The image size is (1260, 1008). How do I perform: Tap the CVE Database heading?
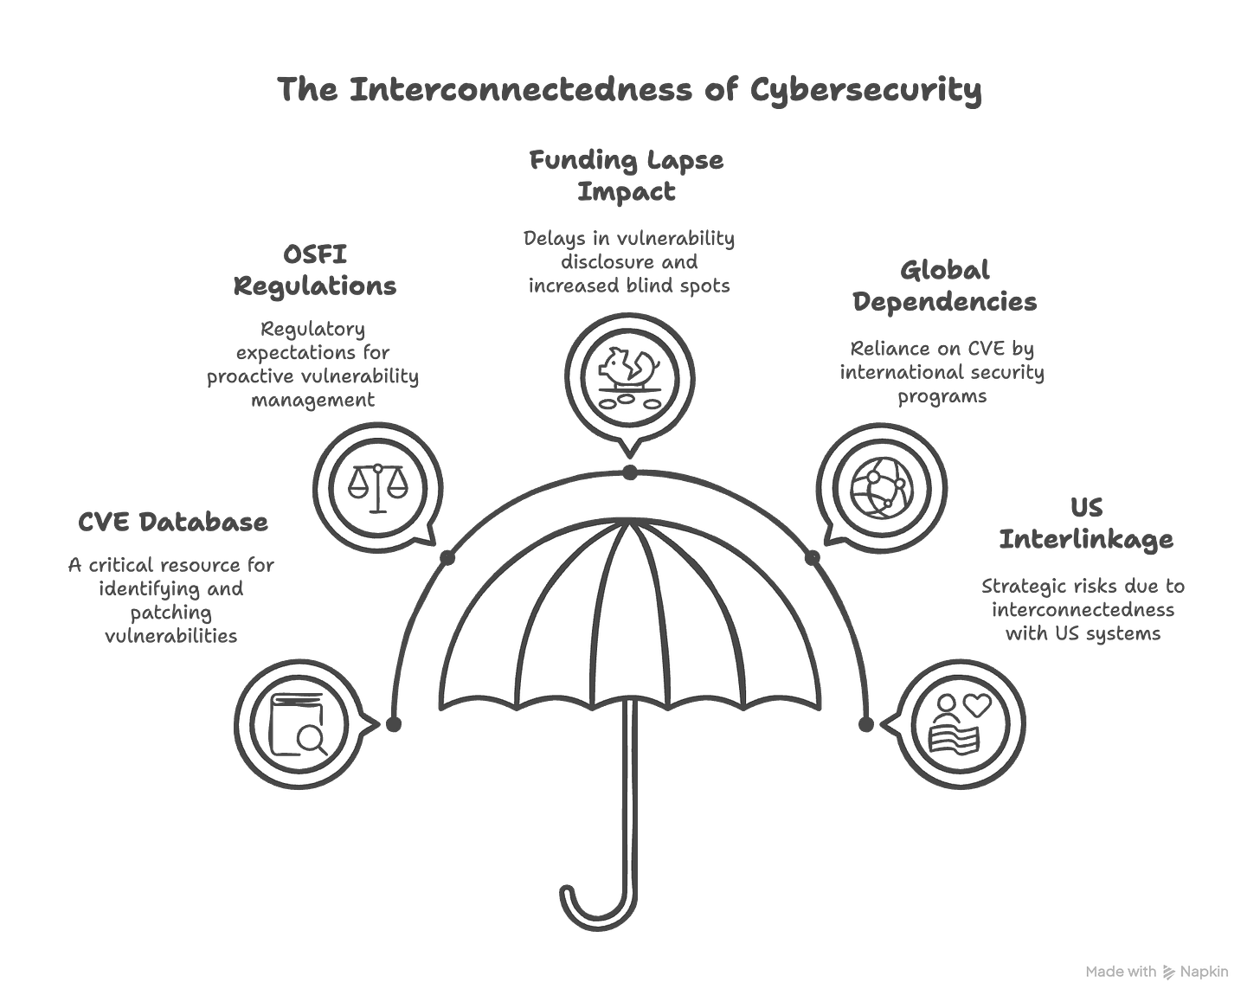click(x=173, y=523)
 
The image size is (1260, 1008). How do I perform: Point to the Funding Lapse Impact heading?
click(x=627, y=176)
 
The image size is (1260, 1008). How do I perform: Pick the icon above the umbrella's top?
click(x=630, y=377)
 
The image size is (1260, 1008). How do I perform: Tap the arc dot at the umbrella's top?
click(x=630, y=472)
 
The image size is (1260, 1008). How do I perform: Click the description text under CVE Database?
click(x=170, y=601)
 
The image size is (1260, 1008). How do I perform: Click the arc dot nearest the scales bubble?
click(x=448, y=558)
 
